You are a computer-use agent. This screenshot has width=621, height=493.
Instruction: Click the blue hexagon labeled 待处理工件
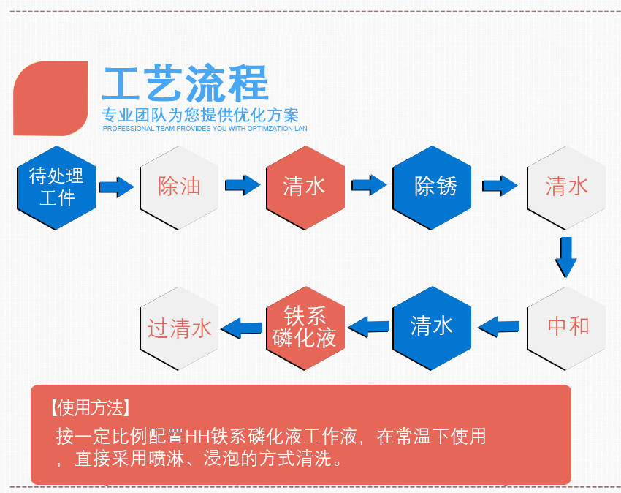[56, 187]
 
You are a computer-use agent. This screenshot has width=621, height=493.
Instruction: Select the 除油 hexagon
[179, 187]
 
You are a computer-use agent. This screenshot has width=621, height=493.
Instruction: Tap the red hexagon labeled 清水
[304, 187]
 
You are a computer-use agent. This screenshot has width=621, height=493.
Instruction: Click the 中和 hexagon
[567, 326]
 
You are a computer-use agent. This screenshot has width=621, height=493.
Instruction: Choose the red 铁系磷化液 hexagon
[304, 326]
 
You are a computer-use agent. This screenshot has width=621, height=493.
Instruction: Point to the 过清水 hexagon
[179, 327]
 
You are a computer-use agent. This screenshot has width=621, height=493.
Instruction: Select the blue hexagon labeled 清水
[432, 326]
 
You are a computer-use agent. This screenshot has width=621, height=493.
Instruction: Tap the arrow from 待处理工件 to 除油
[116, 187]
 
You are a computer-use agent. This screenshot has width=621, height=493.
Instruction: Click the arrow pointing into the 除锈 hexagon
[369, 186]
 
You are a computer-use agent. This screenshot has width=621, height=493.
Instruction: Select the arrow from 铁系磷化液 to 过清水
[242, 326]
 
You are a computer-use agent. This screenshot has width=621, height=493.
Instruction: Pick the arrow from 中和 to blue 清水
[498, 325]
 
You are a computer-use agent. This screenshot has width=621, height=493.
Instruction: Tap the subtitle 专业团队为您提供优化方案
[200, 115]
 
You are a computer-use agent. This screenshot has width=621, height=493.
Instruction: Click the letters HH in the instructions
[198, 437]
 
